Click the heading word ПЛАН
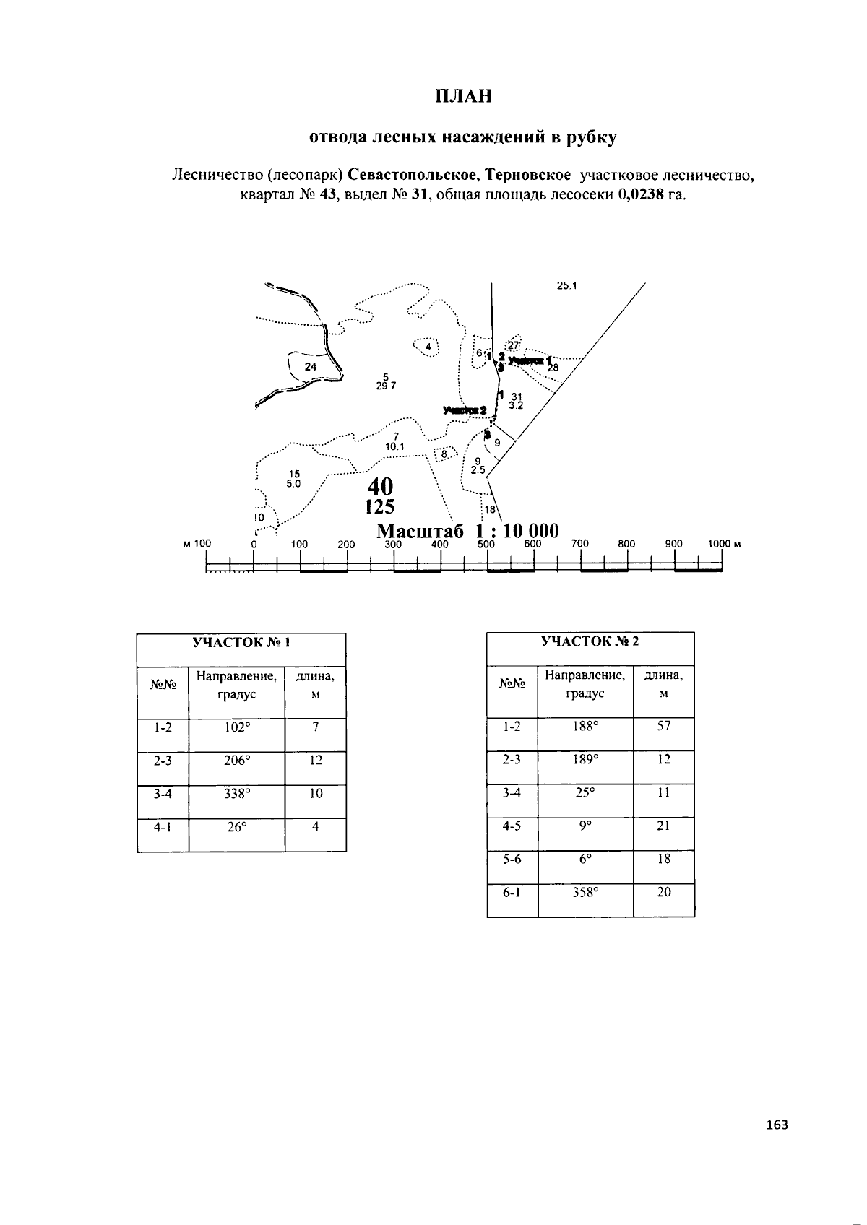click(x=463, y=96)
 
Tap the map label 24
click(x=310, y=367)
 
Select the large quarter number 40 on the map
click(x=380, y=485)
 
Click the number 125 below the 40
click(x=380, y=506)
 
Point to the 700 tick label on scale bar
click(x=580, y=544)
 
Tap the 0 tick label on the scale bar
click(x=254, y=544)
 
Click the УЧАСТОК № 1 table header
click(x=241, y=641)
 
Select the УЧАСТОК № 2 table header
click(x=590, y=641)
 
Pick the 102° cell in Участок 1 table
click(x=237, y=727)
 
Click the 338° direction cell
click(x=237, y=794)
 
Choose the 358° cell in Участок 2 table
click(x=585, y=893)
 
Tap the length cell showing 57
click(x=663, y=726)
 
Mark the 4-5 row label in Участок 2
click(x=512, y=826)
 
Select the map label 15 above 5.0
click(x=294, y=474)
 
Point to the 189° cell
click(x=585, y=759)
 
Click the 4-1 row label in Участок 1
click(x=163, y=827)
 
